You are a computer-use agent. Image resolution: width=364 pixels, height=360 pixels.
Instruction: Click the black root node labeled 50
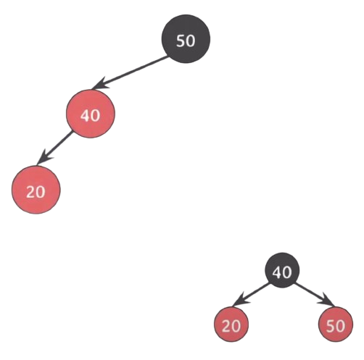pyautogui.click(x=186, y=39)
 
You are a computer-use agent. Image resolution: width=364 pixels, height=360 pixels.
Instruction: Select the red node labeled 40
pyautogui.click(x=91, y=114)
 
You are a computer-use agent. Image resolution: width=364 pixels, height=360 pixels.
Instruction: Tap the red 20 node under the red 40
pyautogui.click(x=36, y=190)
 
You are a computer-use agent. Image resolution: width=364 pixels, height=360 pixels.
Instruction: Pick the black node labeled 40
pyautogui.click(x=282, y=270)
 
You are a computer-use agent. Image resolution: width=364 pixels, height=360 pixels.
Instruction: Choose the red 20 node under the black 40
pyautogui.click(x=231, y=324)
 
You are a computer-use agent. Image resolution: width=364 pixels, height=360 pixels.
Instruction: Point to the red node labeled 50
pyautogui.click(x=336, y=324)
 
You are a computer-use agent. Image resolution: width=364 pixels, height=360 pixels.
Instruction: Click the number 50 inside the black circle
pyautogui.click(x=186, y=41)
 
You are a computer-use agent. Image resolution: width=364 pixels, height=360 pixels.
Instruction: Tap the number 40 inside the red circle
pyautogui.click(x=90, y=115)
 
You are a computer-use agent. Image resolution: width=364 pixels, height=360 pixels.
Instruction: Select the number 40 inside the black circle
pyautogui.click(x=282, y=272)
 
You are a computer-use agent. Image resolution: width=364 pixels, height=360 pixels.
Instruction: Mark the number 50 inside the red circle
pyautogui.click(x=336, y=326)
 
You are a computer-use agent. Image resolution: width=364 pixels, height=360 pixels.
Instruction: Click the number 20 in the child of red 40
pyautogui.click(x=36, y=192)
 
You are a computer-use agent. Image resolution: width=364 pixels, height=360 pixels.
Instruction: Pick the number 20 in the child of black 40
pyautogui.click(x=231, y=326)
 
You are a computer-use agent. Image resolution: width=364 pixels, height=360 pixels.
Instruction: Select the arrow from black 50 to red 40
pyautogui.click(x=131, y=72)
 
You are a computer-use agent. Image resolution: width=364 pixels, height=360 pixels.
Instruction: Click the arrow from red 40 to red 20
pyautogui.click(x=54, y=148)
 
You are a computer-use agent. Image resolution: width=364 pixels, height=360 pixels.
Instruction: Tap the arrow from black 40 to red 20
pyautogui.click(x=252, y=295)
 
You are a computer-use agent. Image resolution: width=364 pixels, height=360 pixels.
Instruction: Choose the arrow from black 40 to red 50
pyautogui.click(x=315, y=295)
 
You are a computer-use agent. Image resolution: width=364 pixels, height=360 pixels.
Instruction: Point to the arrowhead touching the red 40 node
pyautogui.click(x=99, y=84)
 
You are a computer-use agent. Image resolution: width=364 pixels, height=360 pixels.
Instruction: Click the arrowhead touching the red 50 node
pyautogui.click(x=326, y=301)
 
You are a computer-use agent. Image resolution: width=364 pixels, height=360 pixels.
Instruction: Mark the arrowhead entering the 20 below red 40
pyautogui.click(x=44, y=158)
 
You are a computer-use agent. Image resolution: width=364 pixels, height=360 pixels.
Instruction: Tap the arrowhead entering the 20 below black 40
pyautogui.click(x=240, y=301)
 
